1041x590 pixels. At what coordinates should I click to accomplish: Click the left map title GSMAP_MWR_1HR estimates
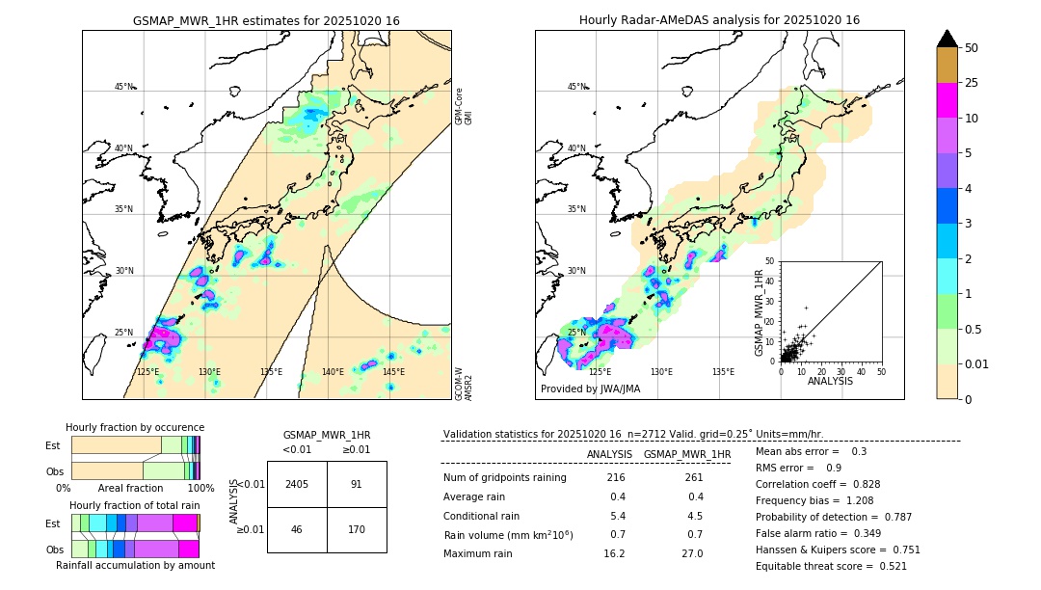tap(266, 20)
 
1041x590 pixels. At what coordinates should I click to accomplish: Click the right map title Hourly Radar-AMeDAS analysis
tap(719, 20)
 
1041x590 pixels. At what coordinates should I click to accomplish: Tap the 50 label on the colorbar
tap(972, 47)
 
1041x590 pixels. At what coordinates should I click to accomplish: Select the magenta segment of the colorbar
tap(947, 100)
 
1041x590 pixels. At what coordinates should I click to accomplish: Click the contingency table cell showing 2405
tap(297, 484)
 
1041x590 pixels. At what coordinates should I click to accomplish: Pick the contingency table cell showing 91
tap(356, 484)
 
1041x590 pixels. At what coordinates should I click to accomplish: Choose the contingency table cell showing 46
tap(297, 529)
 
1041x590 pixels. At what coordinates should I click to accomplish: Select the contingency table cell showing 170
tap(356, 529)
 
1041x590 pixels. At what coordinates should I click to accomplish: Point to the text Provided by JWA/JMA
tap(590, 389)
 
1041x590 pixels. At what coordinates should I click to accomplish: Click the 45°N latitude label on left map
tap(124, 87)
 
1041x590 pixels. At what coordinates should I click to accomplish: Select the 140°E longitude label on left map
tap(333, 372)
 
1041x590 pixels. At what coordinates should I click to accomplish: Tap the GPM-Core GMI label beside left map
tap(463, 106)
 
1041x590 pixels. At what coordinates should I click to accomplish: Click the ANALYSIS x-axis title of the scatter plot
tap(830, 381)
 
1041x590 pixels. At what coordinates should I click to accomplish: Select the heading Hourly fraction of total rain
tap(135, 505)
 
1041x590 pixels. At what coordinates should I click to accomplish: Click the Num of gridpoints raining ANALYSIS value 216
tap(616, 478)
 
